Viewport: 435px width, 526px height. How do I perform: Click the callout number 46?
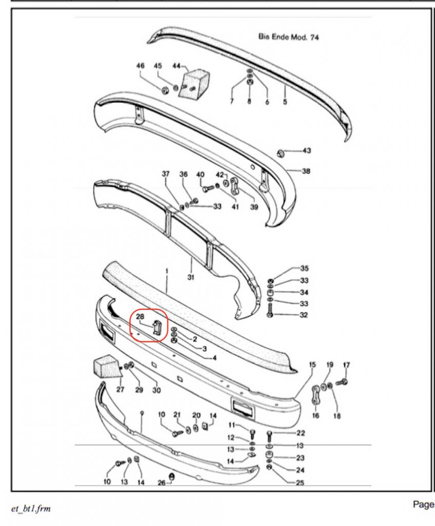pos(140,66)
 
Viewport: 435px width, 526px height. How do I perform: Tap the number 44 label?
pos(176,66)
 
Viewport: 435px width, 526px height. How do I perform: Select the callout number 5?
pos(285,101)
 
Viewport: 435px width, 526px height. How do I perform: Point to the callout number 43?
pos(307,151)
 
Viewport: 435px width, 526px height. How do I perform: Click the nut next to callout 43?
pos(281,153)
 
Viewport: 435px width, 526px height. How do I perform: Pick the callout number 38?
pos(306,171)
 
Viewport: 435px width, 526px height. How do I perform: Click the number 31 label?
pos(191,278)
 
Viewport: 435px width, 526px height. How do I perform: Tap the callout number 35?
pos(304,268)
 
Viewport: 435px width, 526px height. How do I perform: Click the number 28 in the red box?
pos(140,316)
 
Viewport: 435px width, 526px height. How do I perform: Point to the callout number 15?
pos(312,364)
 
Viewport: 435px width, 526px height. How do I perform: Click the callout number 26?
pos(161,483)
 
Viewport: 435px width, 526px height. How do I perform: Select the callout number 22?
pos(301,433)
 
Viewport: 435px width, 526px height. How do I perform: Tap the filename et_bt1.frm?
pos(31,509)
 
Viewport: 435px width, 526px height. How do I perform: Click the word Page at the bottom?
pos(424,504)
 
